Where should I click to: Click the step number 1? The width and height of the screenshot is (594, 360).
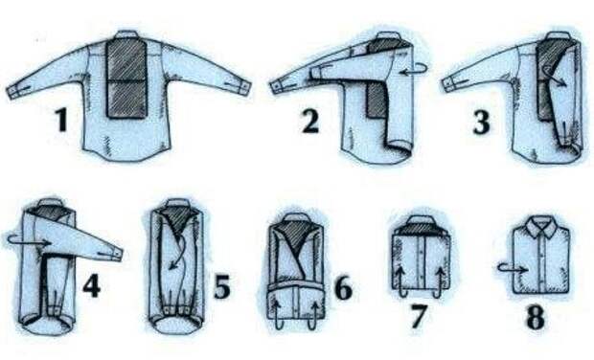[61, 120]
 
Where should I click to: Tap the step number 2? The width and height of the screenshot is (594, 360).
[310, 122]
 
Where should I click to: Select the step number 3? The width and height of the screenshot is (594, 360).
[481, 122]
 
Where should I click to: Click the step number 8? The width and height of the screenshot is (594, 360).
[536, 317]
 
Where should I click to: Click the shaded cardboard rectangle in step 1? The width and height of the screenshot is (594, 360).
[126, 78]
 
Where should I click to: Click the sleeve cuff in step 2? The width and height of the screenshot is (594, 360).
[279, 86]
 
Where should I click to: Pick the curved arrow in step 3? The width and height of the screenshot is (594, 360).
[554, 76]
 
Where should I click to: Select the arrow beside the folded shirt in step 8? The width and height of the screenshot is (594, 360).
[512, 268]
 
